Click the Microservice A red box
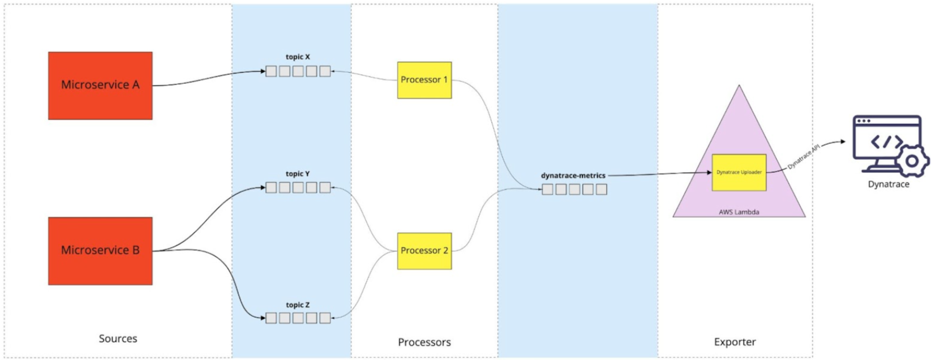[x=100, y=85]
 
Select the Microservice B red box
[x=100, y=251]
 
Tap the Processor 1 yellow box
[x=424, y=80]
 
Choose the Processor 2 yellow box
[x=424, y=251]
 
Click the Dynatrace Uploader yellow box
[x=739, y=172]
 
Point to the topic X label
[x=298, y=57]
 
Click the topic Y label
[x=298, y=174]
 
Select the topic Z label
[x=298, y=305]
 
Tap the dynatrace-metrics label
[x=573, y=175]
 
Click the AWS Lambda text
[x=739, y=212]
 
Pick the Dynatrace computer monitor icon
[x=886, y=142]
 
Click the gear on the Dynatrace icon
[x=912, y=161]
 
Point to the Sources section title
[x=118, y=338]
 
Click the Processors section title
[x=424, y=342]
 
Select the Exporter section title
[x=735, y=342]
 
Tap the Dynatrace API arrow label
[x=804, y=157]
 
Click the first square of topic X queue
[x=271, y=71]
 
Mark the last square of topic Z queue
[x=325, y=318]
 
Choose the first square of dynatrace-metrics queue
[x=547, y=190]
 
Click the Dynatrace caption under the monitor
[x=889, y=185]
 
